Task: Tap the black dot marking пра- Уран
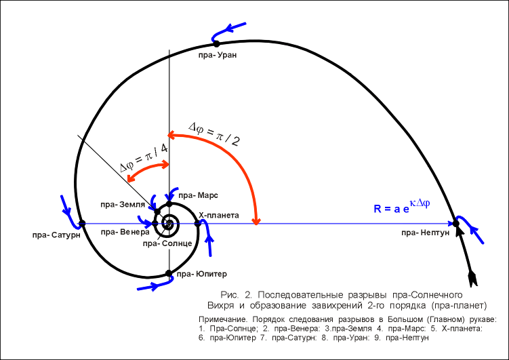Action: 217,44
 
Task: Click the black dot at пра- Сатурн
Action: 82,222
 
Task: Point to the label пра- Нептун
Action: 424,233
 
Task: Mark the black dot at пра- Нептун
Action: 456,222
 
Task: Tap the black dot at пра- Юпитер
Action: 169,273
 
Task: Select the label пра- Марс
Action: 194,195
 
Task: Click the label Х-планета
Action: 218,215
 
